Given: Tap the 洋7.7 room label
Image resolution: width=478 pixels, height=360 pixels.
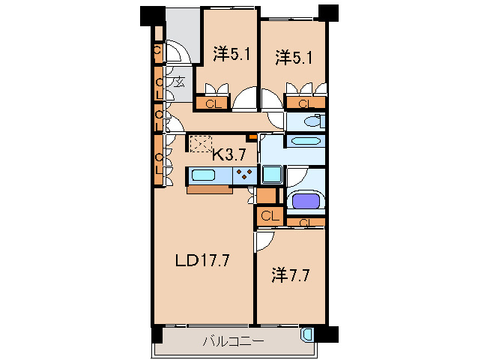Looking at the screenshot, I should [290, 274].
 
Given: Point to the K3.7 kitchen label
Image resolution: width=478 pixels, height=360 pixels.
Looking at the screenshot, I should [229, 155].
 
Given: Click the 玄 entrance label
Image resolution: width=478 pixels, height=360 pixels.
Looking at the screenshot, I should [180, 82].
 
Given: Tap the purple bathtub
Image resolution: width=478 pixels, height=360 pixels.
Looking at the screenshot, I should [305, 202].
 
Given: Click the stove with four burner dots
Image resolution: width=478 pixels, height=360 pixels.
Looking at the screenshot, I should [244, 175].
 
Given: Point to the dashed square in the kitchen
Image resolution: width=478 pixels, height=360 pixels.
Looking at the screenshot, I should [200, 143].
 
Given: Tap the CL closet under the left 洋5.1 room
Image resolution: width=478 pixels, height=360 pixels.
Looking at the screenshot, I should [213, 104].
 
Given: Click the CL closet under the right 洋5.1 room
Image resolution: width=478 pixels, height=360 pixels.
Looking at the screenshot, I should [305, 104].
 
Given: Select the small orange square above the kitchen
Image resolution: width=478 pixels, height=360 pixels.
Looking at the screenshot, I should [253, 137].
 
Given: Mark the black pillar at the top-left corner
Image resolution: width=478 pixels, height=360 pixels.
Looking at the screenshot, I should [151, 15].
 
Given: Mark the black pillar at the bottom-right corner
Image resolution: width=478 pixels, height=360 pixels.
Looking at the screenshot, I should [330, 333].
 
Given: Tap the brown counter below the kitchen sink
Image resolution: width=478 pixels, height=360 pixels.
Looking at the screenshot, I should [211, 189].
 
